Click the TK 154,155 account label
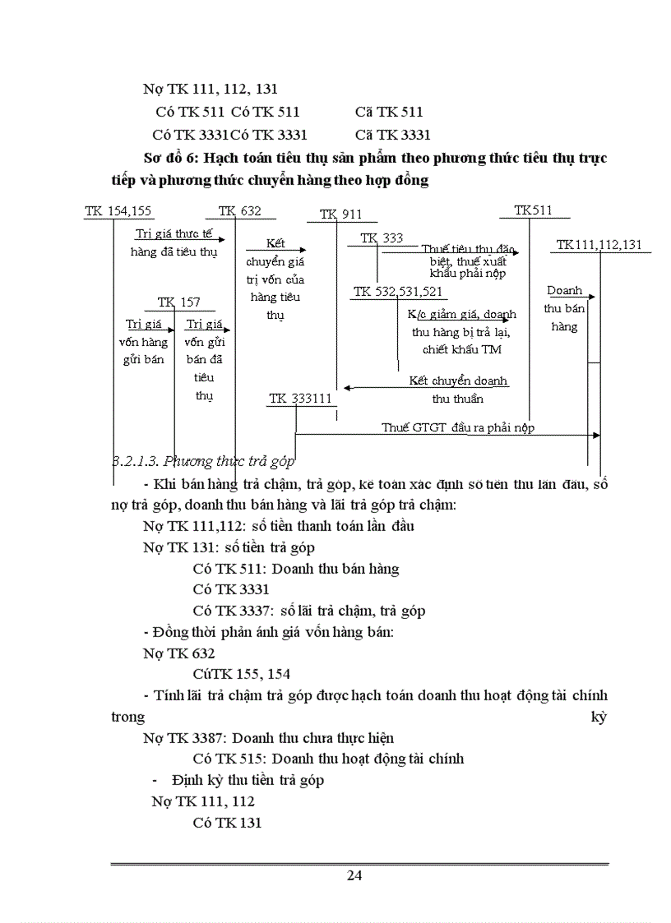[118, 211]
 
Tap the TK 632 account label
[240, 211]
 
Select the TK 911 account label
[340, 215]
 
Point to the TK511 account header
[533, 210]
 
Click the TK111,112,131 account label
[599, 244]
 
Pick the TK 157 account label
[179, 302]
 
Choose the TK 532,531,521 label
[398, 292]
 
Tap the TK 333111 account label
[300, 399]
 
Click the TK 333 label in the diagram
[382, 238]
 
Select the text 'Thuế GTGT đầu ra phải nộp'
[458, 427]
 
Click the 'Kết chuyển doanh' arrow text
[458, 381]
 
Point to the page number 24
[354, 875]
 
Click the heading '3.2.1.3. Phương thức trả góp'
[203, 461]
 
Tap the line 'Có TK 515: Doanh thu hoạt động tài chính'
[328, 758]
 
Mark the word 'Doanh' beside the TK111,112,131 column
[564, 291]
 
